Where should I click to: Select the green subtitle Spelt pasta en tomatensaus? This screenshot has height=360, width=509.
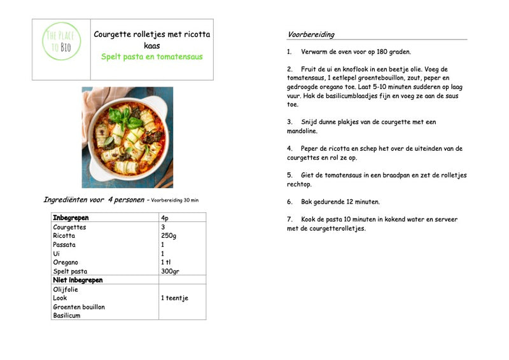(151, 57)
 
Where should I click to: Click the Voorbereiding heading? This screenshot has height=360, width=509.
(310, 34)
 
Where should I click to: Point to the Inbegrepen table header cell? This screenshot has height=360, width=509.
(71, 218)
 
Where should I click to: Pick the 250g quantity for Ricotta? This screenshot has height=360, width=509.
(169, 236)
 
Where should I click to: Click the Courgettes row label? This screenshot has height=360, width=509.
(69, 227)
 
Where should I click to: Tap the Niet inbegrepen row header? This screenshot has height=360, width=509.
(78, 280)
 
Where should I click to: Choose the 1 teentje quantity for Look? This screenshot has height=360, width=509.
(174, 298)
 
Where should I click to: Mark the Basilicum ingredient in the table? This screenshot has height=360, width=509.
(67, 315)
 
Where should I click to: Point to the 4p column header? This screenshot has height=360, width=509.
(165, 218)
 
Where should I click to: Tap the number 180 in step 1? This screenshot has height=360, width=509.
(377, 52)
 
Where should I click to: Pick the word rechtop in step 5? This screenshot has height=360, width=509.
(299, 184)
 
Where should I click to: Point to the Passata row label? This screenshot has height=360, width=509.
(64, 245)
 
